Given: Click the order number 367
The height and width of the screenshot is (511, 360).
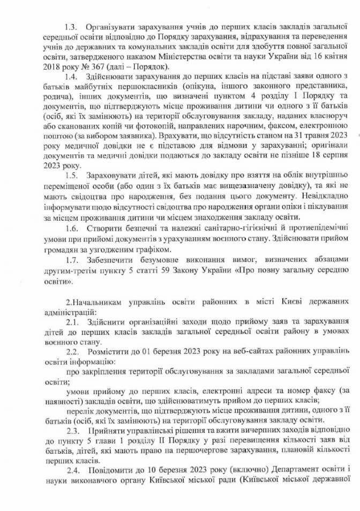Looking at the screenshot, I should (76, 66).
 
